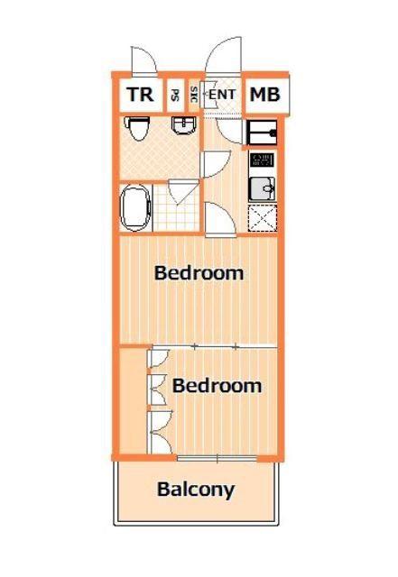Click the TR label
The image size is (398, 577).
[141, 95]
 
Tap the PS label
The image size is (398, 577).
[175, 96]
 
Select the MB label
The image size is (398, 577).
[265, 95]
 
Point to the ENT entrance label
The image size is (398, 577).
[222, 95]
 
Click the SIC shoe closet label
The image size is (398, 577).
[194, 95]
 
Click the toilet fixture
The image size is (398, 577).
[137, 128]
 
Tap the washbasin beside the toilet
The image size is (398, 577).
[184, 125]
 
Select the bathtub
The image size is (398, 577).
[136, 207]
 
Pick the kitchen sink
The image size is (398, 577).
[262, 188]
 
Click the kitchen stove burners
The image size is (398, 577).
[262, 160]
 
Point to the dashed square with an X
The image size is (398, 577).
[263, 218]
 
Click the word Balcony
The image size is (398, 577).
[196, 490]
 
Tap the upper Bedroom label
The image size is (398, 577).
[199, 273]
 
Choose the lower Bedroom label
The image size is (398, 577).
[218, 386]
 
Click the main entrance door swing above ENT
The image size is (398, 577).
[223, 55]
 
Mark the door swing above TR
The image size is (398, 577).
[144, 61]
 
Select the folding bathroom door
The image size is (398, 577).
[181, 191]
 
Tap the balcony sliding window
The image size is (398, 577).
[217, 458]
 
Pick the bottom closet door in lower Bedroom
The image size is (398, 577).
[160, 433]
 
